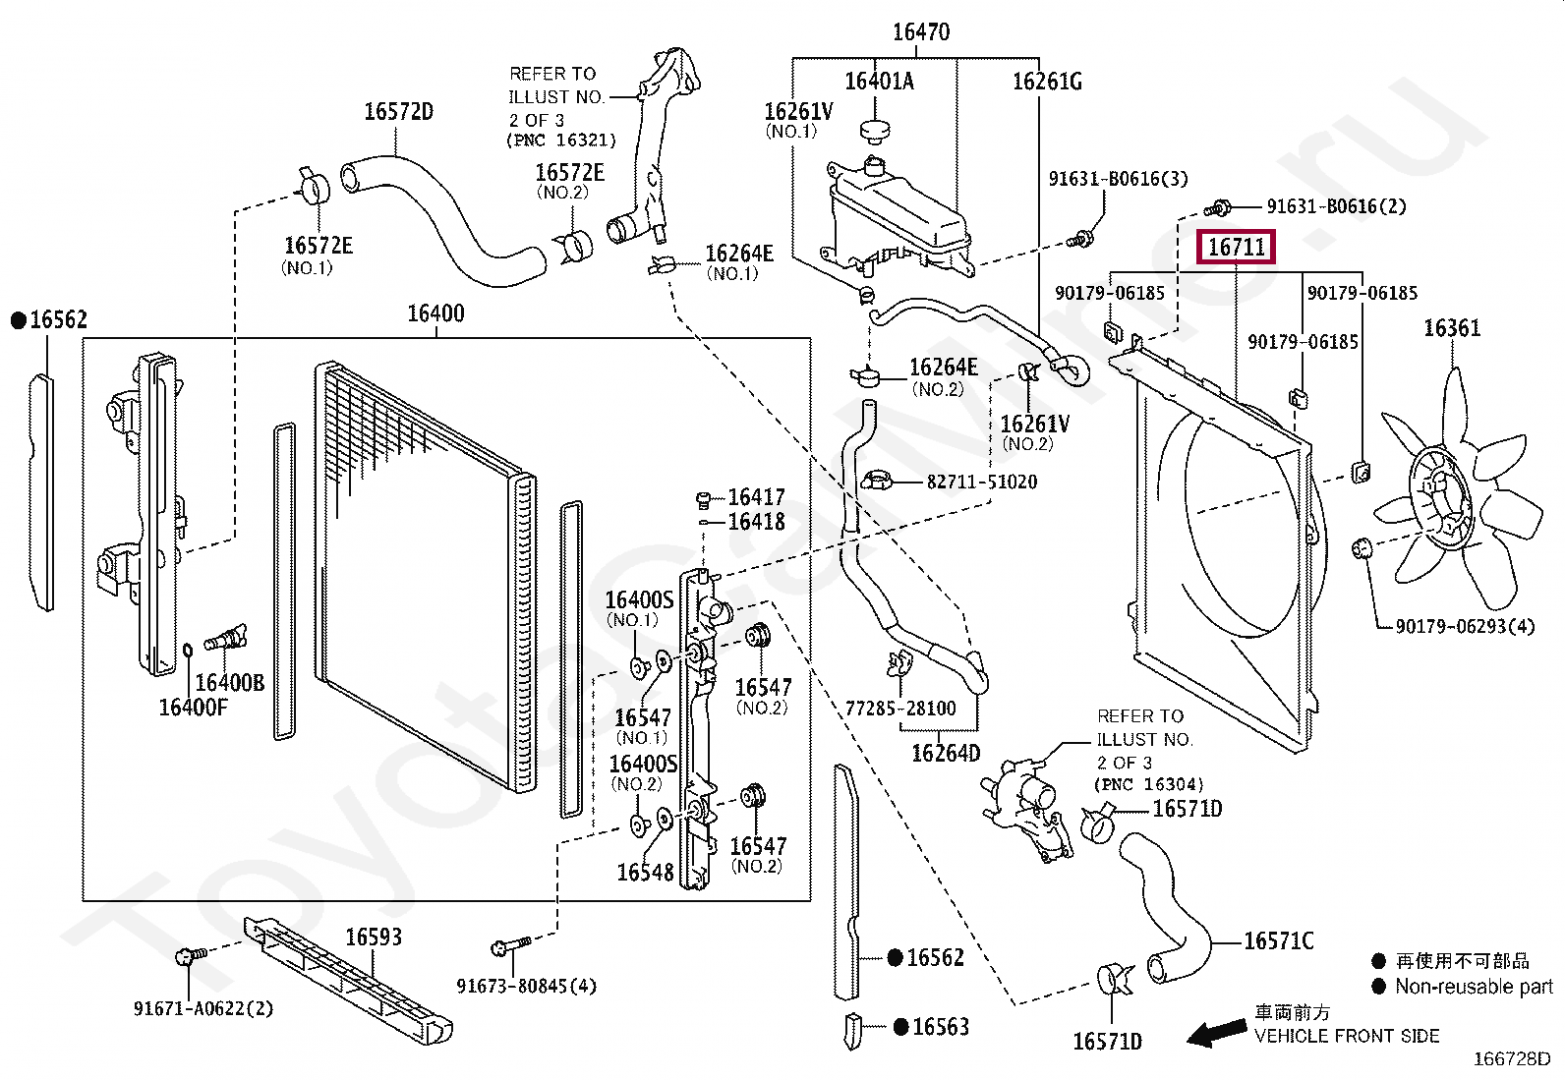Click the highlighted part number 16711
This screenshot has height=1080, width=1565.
pyautogui.click(x=1236, y=247)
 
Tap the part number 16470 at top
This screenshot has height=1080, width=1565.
pyautogui.click(x=920, y=32)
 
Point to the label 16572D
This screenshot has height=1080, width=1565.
pyautogui.click(x=398, y=112)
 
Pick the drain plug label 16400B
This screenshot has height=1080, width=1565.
pyautogui.click(x=229, y=683)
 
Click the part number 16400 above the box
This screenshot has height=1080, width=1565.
pyautogui.click(x=435, y=313)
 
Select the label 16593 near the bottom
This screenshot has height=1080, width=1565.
pyautogui.click(x=374, y=938)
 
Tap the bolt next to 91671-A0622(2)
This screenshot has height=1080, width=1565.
pyautogui.click(x=189, y=955)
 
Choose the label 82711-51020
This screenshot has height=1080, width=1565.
pyautogui.click(x=981, y=482)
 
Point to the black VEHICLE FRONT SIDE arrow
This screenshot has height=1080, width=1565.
pyautogui.click(x=1217, y=1032)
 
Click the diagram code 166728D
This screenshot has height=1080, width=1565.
pyautogui.click(x=1511, y=1058)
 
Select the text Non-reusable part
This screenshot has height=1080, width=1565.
pyautogui.click(x=1474, y=987)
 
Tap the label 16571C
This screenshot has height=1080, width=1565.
pyautogui.click(x=1278, y=941)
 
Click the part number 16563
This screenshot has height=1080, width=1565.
pyautogui.click(x=941, y=1027)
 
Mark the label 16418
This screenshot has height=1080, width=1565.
pyautogui.click(x=756, y=522)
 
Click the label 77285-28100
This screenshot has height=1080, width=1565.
pyautogui.click(x=900, y=709)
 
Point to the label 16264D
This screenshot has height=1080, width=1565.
pyautogui.click(x=946, y=754)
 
